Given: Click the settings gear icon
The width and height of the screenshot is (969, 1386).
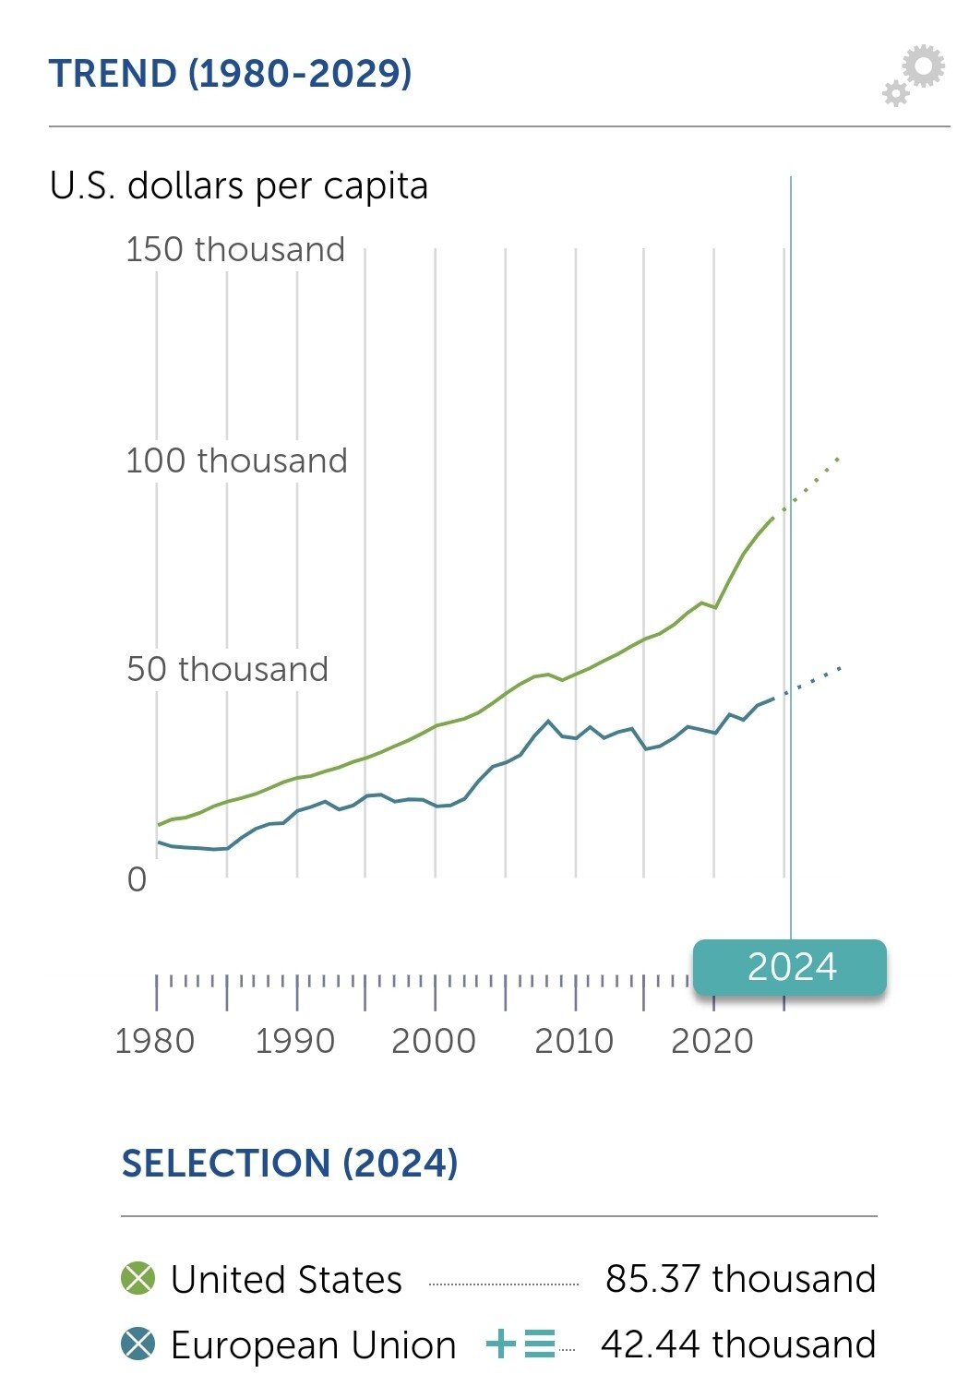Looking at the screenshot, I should pyautogui.click(x=915, y=74).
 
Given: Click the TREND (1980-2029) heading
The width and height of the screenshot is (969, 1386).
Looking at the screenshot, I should pyautogui.click(x=230, y=74).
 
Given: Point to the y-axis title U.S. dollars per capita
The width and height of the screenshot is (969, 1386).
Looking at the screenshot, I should pyautogui.click(x=239, y=185).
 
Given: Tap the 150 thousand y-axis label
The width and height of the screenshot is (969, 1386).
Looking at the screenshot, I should pyautogui.click(x=235, y=249).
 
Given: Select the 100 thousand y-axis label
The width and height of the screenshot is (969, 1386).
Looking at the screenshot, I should pyautogui.click(x=236, y=460).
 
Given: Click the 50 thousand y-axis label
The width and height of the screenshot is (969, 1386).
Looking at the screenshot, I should pyautogui.click(x=227, y=669).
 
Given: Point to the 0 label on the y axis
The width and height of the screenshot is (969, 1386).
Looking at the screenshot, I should pyautogui.click(x=137, y=879).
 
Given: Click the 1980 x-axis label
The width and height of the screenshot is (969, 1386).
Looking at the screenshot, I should pyautogui.click(x=155, y=1041).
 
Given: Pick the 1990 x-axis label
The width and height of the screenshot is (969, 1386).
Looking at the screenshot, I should pyautogui.click(x=295, y=1041).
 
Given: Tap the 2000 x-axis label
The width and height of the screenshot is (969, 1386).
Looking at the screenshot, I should pyautogui.click(x=434, y=1041).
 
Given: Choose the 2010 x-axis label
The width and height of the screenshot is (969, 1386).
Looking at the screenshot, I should pyautogui.click(x=574, y=1041).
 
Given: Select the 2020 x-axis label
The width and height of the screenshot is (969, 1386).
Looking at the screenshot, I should pyautogui.click(x=712, y=1041).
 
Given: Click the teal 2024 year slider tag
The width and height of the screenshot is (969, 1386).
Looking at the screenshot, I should pyautogui.click(x=790, y=967).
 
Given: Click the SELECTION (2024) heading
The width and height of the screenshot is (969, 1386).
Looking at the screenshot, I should pyautogui.click(x=290, y=1163).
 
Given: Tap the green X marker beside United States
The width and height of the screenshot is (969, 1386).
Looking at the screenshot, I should pyautogui.click(x=138, y=1279).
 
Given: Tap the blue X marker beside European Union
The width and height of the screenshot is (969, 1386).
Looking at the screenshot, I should pyautogui.click(x=138, y=1344).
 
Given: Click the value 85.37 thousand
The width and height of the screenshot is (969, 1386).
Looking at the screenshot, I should pyautogui.click(x=740, y=1279).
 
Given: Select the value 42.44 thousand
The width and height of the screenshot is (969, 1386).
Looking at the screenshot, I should pyautogui.click(x=738, y=1344).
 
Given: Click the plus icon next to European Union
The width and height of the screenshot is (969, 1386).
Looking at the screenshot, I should pyautogui.click(x=501, y=1344).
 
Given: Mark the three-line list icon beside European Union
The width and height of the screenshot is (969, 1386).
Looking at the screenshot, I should pyautogui.click(x=540, y=1344).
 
